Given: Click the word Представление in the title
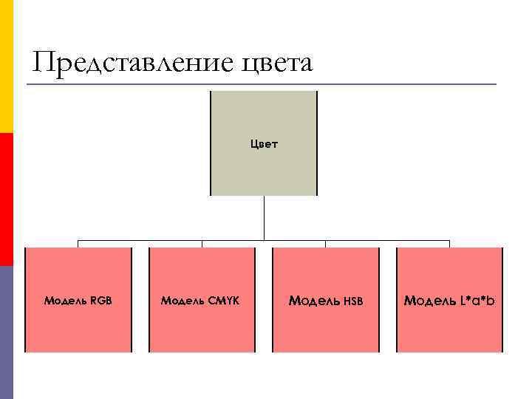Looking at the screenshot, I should (x=133, y=63).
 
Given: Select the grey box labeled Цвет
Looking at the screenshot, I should (x=264, y=170).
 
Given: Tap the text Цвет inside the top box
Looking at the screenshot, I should (x=264, y=143).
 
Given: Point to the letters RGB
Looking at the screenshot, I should (x=101, y=301).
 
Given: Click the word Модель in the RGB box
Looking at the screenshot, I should (x=66, y=301).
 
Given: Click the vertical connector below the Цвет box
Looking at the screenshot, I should (x=264, y=218).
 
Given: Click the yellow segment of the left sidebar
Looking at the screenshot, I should (x=7, y=66).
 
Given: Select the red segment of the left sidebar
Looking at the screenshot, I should (x=7, y=199).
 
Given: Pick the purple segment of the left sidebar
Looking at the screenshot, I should (x=7, y=332).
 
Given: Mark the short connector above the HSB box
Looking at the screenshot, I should (x=326, y=244).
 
